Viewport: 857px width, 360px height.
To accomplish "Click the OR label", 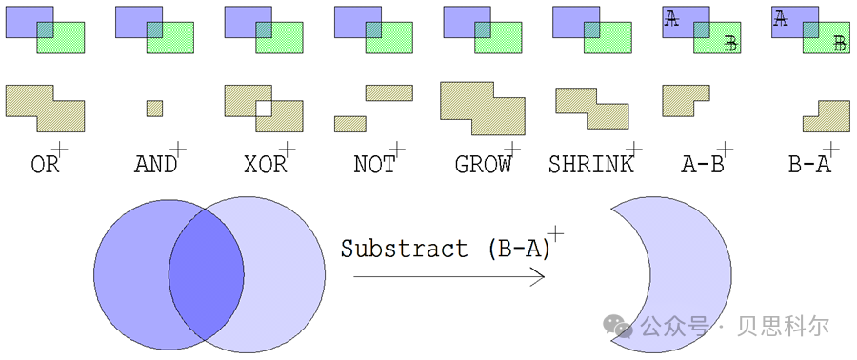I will click(x=45, y=165).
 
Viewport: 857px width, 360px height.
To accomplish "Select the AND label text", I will click(x=154, y=165).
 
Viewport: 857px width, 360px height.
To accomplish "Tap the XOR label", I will click(x=265, y=165).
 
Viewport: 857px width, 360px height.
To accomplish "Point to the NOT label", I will click(x=373, y=165).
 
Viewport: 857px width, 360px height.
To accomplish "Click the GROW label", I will click(x=483, y=165).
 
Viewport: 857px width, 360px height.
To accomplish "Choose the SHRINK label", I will click(x=590, y=165).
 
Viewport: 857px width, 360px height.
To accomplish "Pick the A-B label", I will click(x=703, y=165).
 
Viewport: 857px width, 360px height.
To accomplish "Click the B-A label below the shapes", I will click(x=809, y=165).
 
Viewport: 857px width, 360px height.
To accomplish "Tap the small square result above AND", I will click(x=154, y=108).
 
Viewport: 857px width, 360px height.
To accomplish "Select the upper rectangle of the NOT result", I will click(x=389, y=92).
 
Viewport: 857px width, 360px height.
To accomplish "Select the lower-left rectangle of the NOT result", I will click(x=349, y=124).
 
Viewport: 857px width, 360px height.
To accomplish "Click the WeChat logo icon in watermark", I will click(x=621, y=327).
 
